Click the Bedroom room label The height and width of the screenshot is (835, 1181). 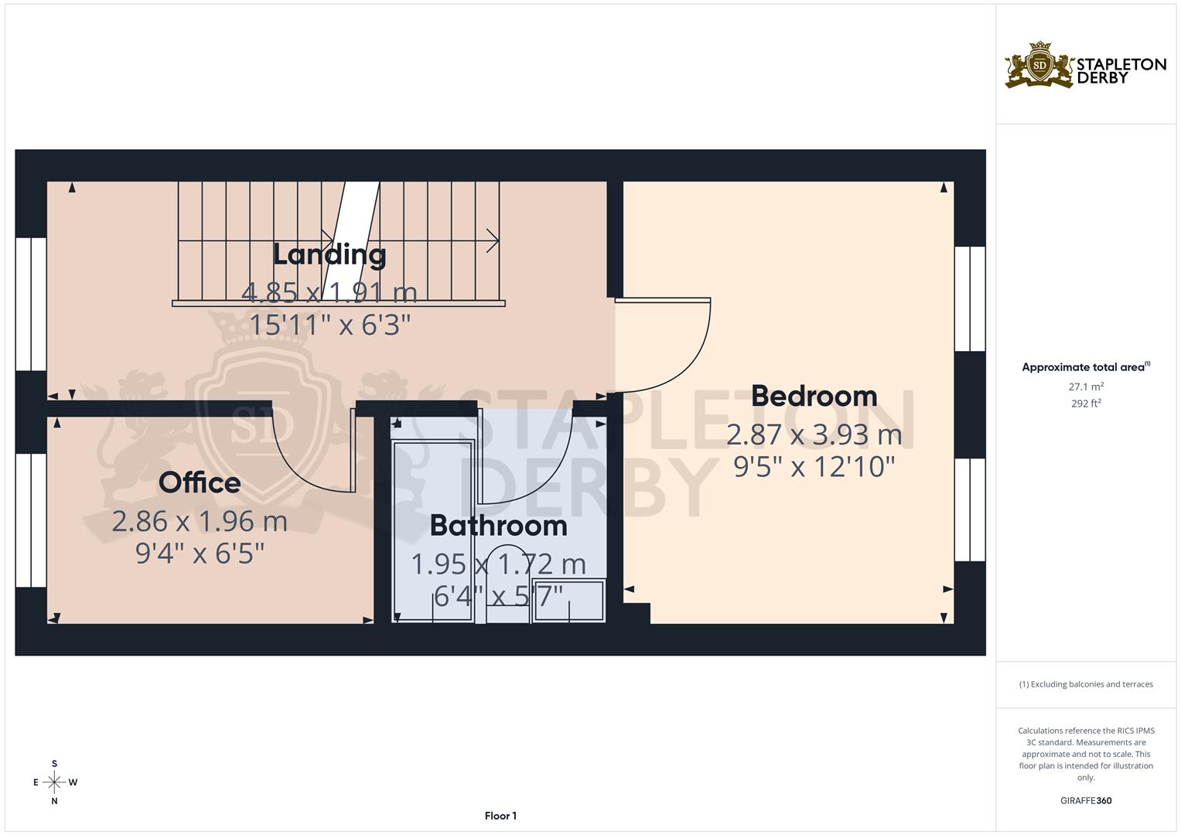(814, 396)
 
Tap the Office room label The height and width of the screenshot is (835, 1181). (200, 482)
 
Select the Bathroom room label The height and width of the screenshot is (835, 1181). (498, 526)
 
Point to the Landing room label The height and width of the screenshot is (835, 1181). (329, 254)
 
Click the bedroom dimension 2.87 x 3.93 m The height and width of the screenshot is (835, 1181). (814, 435)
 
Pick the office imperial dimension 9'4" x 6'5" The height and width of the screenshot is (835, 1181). (200, 554)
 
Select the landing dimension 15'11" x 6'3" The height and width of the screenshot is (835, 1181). (329, 325)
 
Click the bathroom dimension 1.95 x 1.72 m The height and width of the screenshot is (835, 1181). (498, 564)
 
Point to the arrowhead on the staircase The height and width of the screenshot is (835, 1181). (493, 240)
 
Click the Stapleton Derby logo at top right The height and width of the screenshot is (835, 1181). (1085, 66)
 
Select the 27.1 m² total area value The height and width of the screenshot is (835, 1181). (1085, 387)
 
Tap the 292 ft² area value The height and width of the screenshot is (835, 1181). (1085, 403)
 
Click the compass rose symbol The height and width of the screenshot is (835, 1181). (54, 782)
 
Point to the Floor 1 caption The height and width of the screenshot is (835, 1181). (500, 816)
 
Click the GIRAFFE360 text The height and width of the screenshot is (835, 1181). (1085, 800)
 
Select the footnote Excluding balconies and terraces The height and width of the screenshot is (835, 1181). (1085, 684)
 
